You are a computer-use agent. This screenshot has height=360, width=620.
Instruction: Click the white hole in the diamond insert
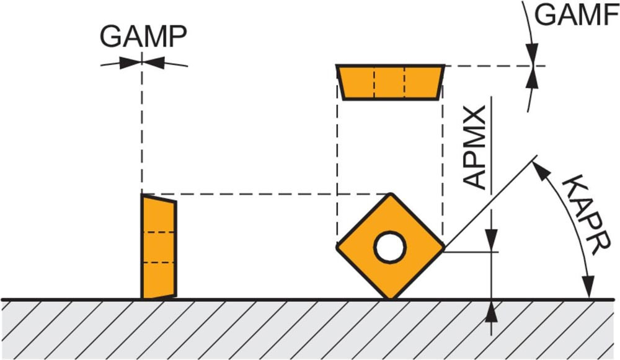(390, 247)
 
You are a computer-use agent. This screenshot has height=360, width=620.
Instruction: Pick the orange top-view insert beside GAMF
(390, 81)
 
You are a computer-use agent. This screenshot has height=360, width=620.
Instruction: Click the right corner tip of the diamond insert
(443, 247)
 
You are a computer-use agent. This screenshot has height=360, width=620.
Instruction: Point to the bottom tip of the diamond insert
(390, 298)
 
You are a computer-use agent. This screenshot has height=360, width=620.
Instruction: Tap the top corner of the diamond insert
(390, 195)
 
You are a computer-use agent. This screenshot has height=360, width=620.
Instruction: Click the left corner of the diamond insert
(338, 247)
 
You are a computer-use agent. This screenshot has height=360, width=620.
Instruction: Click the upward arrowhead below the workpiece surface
(492, 310)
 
